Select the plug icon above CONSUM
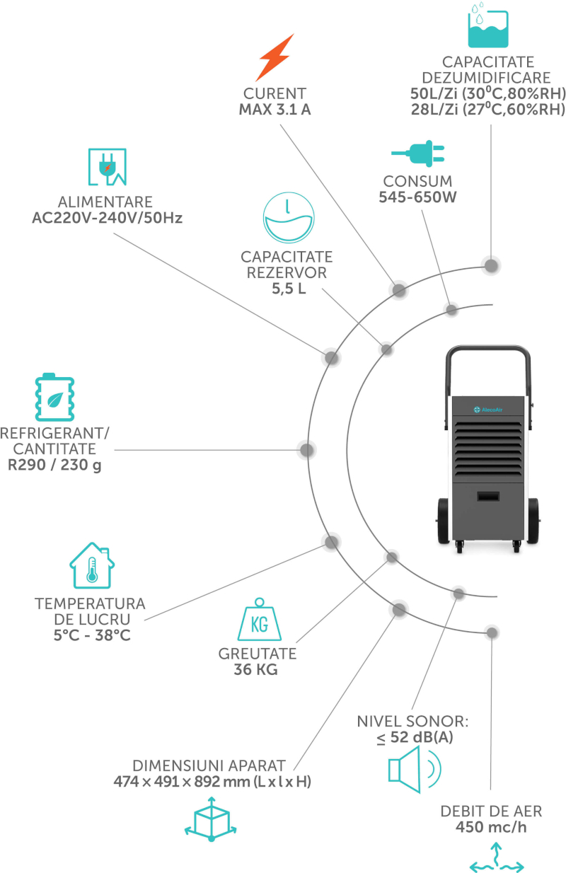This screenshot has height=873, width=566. click(418, 154)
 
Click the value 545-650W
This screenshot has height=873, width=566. click(417, 197)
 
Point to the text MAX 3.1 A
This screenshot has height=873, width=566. click(275, 110)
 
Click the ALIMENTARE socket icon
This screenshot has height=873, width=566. click(108, 166)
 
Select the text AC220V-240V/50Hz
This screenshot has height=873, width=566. click(108, 218)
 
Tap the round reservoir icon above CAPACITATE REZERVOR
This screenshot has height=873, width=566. click(289, 217)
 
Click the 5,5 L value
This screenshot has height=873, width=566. click(289, 289)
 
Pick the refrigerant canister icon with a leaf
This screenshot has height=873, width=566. click(54, 397)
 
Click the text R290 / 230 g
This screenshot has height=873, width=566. click(54, 465)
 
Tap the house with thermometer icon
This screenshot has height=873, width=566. click(92, 565)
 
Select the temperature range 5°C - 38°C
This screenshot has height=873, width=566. click(92, 635)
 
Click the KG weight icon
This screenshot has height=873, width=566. click(259, 619)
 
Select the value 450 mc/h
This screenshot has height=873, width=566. click(491, 827)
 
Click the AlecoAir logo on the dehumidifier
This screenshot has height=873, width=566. click(488, 410)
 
